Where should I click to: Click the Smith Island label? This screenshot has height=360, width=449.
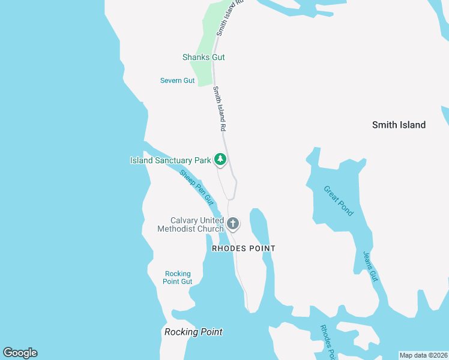399,125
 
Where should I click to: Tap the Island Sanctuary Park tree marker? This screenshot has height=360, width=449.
221,160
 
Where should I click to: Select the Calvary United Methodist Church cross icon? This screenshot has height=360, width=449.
233,224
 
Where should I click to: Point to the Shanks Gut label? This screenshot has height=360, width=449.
203,57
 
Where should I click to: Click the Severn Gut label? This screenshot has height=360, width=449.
178,80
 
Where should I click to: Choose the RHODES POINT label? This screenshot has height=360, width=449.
244,248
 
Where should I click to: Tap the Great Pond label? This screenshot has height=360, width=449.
339,200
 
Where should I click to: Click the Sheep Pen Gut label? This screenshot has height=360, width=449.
197,186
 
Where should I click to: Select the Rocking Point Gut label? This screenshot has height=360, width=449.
178,278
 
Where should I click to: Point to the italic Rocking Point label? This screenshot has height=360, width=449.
193,332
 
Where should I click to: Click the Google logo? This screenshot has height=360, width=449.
20,353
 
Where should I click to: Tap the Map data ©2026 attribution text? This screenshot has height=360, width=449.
423,355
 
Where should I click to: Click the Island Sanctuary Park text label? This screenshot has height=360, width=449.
170,160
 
